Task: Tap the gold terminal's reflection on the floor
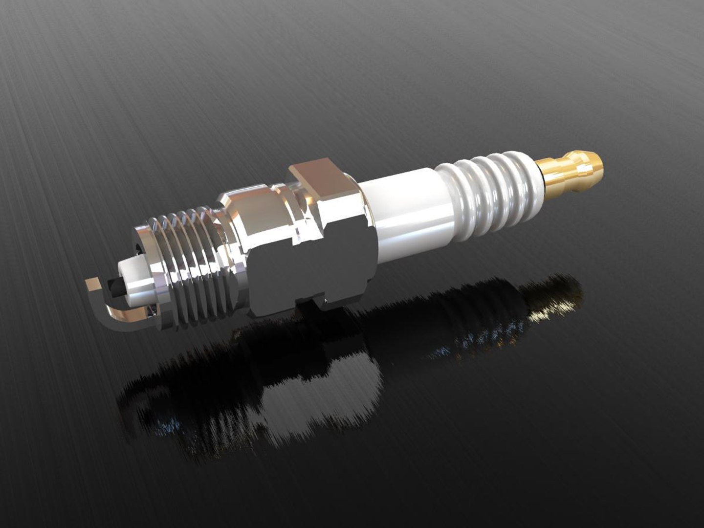coord(557,298)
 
